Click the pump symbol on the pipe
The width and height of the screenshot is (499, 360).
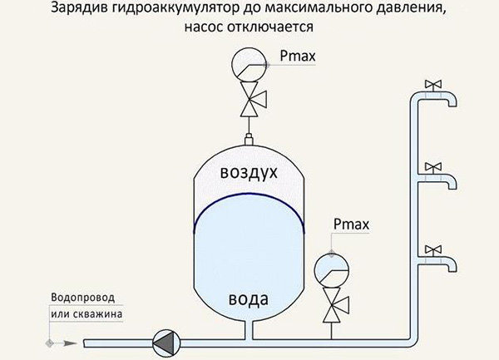tap(166, 343)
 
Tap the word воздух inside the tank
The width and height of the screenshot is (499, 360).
tap(249, 172)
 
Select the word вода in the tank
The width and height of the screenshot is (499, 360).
tap(249, 299)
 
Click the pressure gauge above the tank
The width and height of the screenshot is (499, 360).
tap(249, 65)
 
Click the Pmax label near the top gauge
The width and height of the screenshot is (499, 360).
tap(298, 56)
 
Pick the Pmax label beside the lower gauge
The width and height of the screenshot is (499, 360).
tap(351, 224)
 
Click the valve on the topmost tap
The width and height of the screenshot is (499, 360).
tap(433, 84)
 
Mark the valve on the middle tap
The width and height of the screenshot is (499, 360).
tap(433, 167)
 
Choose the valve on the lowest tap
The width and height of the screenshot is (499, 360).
tap(433, 250)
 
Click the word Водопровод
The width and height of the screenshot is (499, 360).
tap(82, 298)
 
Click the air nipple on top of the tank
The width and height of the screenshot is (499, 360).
tap(249, 140)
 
